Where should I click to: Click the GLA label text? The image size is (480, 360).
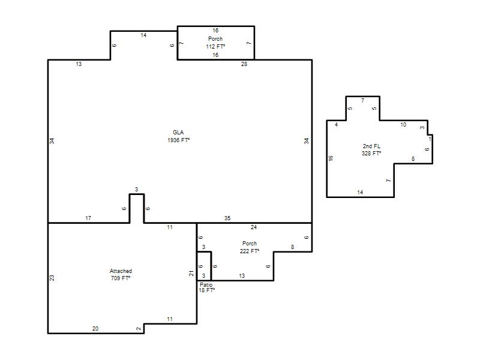pos(178,132)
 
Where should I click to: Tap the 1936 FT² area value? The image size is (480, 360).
pos(178,140)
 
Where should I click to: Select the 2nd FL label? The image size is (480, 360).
pos(371,146)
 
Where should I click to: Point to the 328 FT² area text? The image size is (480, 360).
pos(371,154)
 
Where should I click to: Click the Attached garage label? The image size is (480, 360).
pos(121,271)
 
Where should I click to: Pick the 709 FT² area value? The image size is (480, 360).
pos(121,278)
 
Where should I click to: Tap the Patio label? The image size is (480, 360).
pos(206,284)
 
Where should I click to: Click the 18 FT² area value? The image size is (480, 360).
pos(206,290)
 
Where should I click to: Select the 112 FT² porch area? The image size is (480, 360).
pos(215,47)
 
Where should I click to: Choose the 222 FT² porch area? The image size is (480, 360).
pos(250,251)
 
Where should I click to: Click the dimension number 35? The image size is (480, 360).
pos(227,218)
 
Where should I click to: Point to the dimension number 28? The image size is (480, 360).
pos(244,64)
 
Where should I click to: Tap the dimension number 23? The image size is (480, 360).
pos(52,278)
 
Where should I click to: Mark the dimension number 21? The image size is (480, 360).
pos(191,274)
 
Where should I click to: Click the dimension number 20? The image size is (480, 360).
pos(95,328)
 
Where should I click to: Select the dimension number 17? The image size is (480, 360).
pos(88,218)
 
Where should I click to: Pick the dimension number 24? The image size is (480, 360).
pos(254,227)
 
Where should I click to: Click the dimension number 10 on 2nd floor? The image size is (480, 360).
pos(403,125)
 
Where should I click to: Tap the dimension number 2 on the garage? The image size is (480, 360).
pos(139,329)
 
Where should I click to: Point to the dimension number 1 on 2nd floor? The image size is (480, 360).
pos(430,139)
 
